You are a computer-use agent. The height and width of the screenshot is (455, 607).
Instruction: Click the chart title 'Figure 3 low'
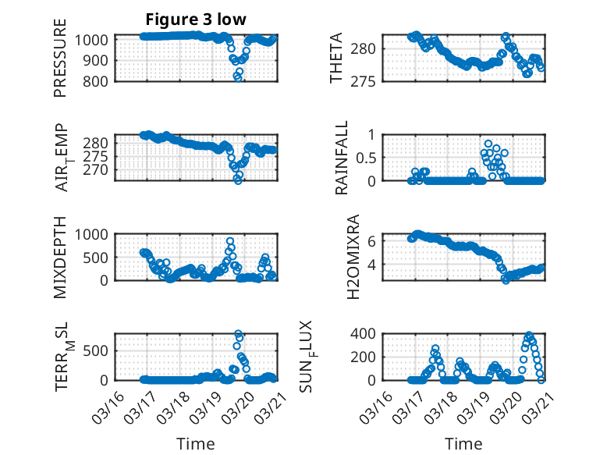pos(196,20)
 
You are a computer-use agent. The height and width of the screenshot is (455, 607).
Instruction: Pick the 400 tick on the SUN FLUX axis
pos(367,333)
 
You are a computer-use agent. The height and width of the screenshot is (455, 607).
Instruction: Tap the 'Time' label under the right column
pos(463,443)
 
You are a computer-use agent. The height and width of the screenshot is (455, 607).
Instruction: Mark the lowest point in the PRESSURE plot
pos(238,77)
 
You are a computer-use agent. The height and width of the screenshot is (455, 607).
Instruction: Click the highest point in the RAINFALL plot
pos(488,144)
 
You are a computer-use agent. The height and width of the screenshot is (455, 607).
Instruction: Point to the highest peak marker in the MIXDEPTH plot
pos(230,241)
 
